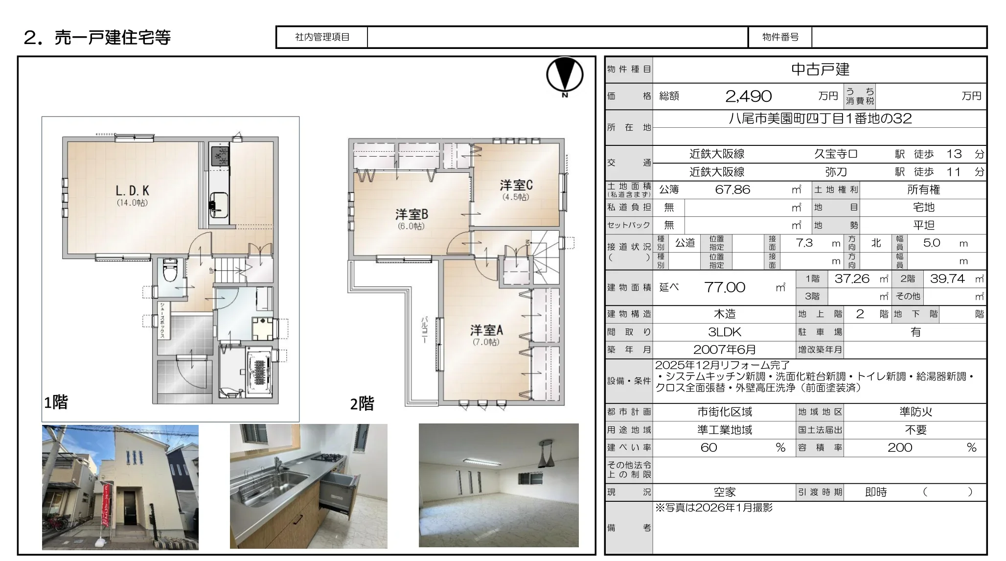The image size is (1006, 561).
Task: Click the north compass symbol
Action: pos(565,76)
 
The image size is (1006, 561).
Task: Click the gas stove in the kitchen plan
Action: pos(220,156)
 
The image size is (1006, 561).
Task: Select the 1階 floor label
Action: pos(56,402)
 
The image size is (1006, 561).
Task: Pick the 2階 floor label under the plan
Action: pos(362,404)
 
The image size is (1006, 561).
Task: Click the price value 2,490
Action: pos(748,96)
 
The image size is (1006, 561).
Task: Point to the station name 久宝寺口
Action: pos(836,154)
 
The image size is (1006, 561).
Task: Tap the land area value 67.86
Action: pos(732,189)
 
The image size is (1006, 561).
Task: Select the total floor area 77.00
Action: pos(725,287)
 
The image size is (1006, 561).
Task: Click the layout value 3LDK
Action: pos(725,332)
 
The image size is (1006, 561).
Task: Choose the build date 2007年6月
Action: pos(725,350)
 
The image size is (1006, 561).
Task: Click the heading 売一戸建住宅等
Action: pos(113,37)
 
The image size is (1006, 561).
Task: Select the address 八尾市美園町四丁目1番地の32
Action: pos(820,118)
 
